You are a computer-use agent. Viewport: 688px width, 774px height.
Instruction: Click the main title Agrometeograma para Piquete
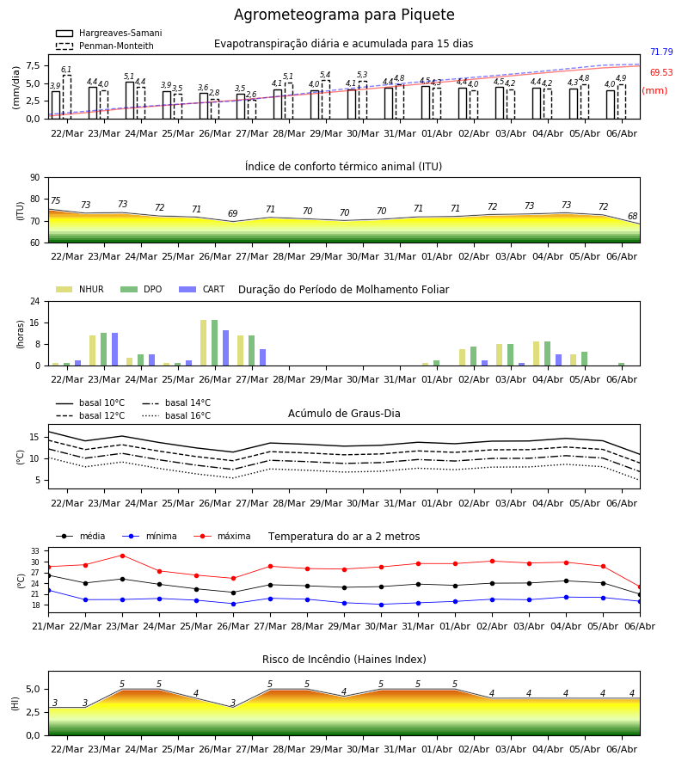point(344,15)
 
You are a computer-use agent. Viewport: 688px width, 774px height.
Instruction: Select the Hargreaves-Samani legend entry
point(108,33)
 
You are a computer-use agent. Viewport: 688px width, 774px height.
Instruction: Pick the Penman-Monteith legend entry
point(105,46)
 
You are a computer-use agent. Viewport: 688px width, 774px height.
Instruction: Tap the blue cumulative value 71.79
point(661,52)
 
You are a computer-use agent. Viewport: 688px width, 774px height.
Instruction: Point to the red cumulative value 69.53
point(661,72)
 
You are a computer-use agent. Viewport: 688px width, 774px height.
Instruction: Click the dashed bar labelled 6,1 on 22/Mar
point(66,97)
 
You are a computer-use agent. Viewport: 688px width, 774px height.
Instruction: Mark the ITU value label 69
point(233,213)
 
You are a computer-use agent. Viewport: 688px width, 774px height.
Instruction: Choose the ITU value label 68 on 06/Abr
point(632,216)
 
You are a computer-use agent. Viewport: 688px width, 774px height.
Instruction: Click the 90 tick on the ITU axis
point(35,178)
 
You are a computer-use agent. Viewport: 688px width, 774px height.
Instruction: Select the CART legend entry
point(202,289)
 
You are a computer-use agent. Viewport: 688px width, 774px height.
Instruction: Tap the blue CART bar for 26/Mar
point(226,348)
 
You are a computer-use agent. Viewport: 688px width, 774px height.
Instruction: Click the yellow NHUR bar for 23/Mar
point(92,351)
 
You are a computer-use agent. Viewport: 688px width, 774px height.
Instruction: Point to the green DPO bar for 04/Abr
point(547,353)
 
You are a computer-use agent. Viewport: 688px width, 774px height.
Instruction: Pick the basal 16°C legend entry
point(176,415)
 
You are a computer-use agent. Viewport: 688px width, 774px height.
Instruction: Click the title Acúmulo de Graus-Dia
point(344,413)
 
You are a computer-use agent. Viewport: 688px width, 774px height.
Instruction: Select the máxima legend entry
point(222,536)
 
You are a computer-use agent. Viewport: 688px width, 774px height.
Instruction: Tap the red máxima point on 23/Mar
point(122,556)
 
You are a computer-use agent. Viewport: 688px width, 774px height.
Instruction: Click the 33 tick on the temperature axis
point(35,551)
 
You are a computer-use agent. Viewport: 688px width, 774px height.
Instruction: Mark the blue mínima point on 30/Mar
point(382,605)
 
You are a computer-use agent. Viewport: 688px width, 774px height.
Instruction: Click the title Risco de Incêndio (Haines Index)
point(344,660)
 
